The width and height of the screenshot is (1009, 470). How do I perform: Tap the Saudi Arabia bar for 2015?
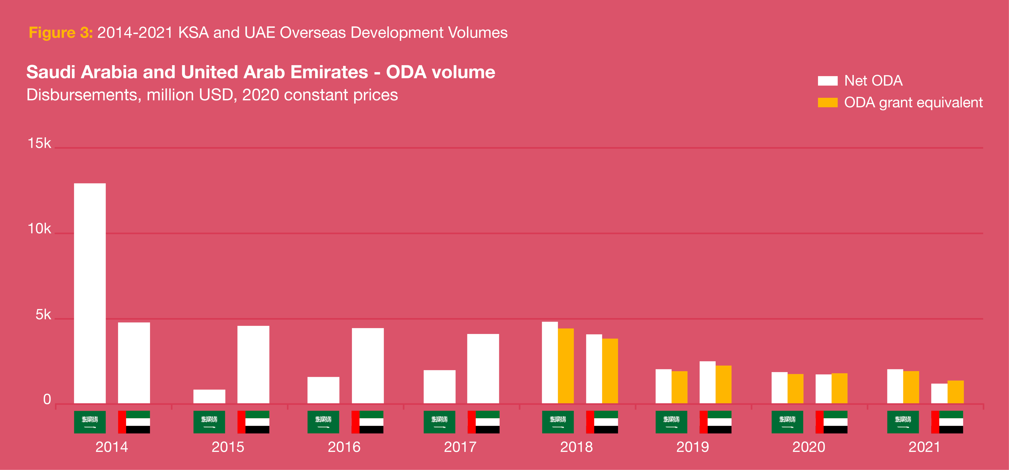tap(209, 396)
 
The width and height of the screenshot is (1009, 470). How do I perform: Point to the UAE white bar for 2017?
tap(483, 368)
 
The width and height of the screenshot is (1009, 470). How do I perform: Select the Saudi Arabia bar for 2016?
tap(323, 390)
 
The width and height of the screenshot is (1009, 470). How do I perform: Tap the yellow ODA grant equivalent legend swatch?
tap(827, 103)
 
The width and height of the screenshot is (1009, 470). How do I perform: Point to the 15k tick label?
tap(39, 143)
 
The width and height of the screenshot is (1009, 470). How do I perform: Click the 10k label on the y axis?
tap(39, 229)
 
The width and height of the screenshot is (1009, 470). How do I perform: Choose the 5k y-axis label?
tap(43, 314)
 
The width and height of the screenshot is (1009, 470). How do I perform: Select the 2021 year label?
tap(924, 447)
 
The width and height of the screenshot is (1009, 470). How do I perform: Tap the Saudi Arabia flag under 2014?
tap(90, 422)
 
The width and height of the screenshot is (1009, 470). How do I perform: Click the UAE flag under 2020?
tap(831, 422)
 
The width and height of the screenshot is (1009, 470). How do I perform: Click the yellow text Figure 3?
tap(61, 33)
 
